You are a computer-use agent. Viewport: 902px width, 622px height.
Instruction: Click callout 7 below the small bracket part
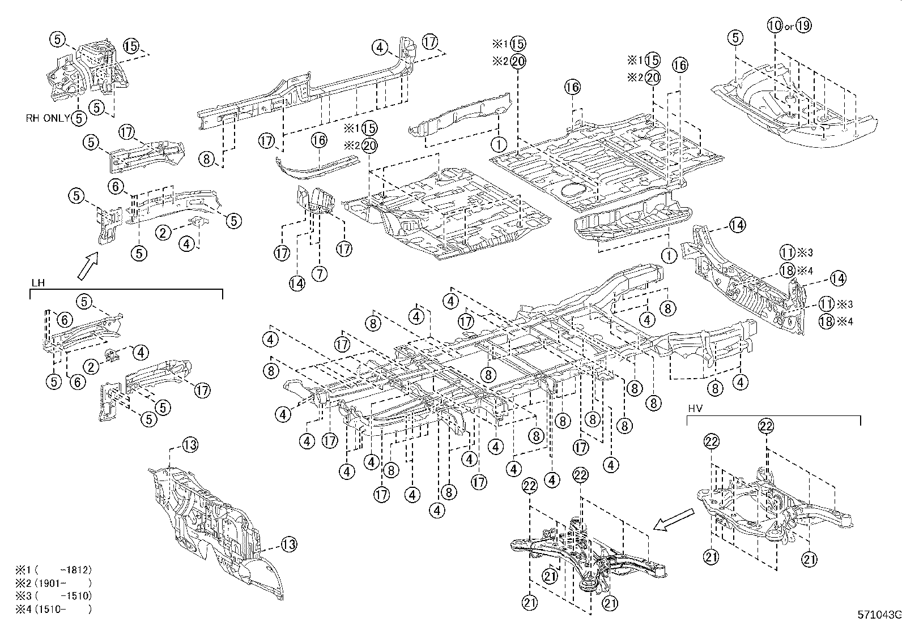coord(320,274)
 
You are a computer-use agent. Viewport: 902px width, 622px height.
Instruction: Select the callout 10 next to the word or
coord(775,25)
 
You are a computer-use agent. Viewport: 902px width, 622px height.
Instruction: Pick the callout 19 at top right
coord(803,25)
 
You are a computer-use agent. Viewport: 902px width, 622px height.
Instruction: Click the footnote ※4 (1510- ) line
coord(54,610)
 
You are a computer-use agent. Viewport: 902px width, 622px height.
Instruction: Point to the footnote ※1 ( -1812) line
coord(54,570)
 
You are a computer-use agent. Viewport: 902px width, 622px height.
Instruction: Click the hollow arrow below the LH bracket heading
coord(87,266)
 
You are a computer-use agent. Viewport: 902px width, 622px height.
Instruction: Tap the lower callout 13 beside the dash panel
coord(288,545)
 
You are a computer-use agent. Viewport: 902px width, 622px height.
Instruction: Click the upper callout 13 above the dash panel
coord(190,445)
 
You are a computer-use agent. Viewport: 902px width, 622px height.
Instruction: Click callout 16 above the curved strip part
coord(319,140)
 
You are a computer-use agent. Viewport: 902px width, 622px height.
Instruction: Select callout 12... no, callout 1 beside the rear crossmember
coord(669,256)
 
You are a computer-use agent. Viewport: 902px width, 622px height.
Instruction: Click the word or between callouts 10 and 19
coord(789,27)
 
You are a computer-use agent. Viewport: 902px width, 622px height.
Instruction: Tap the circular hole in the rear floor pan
coord(573,190)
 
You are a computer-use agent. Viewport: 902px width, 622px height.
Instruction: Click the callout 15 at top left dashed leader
coord(131,46)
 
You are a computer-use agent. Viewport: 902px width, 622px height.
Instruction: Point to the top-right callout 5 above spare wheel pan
coord(735,38)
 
